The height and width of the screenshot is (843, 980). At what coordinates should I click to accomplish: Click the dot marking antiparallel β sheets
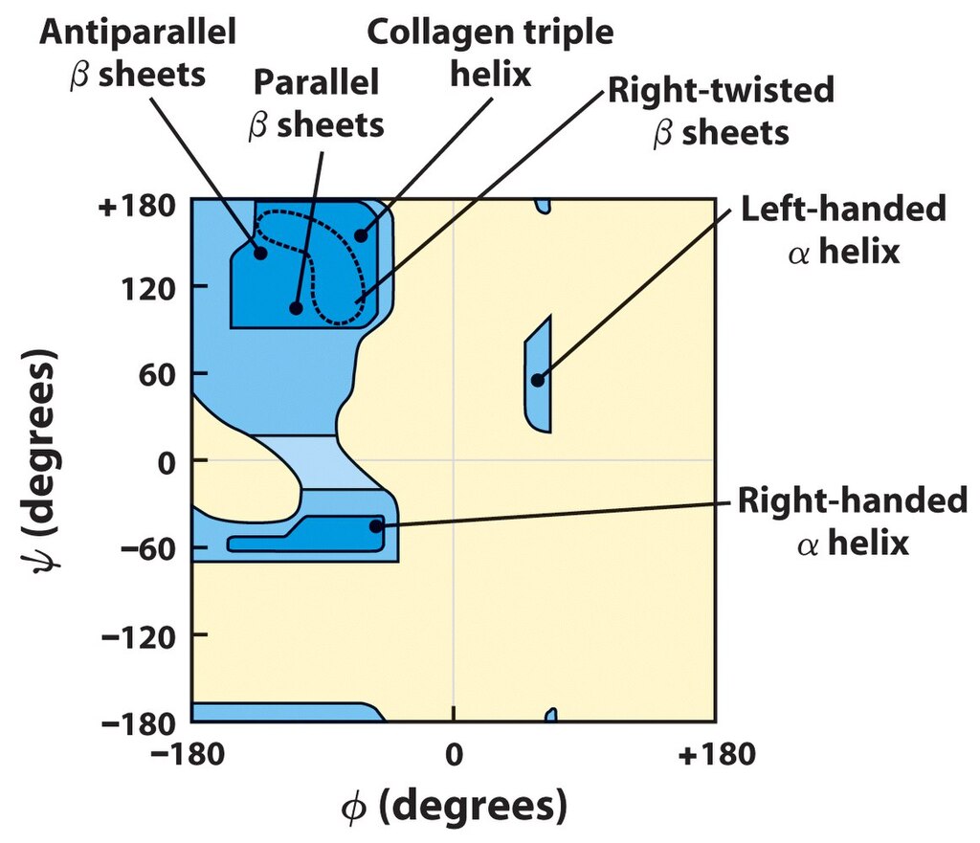pos(260,253)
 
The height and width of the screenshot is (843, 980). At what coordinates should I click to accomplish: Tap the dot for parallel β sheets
pos(297,308)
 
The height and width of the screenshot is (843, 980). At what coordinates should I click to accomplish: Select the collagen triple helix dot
pos(361,235)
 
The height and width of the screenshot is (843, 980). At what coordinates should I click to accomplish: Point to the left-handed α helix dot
pos(538,380)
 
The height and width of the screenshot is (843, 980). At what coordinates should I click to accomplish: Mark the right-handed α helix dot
pos(375,526)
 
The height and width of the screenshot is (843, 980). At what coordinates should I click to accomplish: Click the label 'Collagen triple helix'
pos(490,53)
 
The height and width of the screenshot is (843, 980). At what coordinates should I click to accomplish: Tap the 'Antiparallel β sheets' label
pos(138,53)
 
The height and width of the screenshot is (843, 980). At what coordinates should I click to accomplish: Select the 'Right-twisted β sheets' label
pos(722,111)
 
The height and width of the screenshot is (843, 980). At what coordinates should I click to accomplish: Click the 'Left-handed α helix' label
pos(843,230)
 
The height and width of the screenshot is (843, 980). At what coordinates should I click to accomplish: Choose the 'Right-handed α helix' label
pos(853,521)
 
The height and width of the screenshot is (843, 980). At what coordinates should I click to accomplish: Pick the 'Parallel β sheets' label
pos(316,103)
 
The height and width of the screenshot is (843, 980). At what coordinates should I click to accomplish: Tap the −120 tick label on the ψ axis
pos(139,636)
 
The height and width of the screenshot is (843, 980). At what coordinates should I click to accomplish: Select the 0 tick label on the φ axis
pos(455,754)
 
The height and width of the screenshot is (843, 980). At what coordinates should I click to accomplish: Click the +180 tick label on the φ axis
pos(716,754)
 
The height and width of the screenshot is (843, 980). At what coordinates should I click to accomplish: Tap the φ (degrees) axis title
pos(455,806)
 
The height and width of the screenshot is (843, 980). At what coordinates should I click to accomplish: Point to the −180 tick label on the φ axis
pos(188,754)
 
